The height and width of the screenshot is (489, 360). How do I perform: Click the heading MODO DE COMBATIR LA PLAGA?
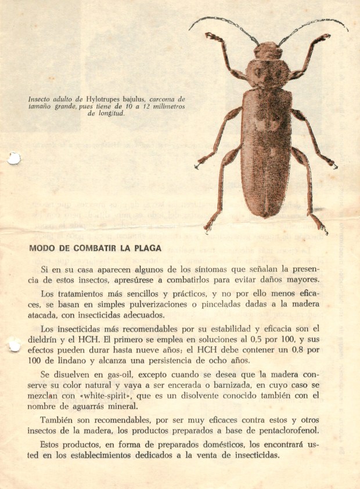coord(95,248)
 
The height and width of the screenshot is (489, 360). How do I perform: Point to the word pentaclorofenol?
coord(285,430)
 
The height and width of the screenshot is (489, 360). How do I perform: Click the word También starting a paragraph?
coord(60,420)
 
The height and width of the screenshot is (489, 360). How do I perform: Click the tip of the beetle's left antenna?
coord(190,29)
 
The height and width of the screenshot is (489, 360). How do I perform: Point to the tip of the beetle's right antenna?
coord(347,29)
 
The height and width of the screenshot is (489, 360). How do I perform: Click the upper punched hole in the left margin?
coord(13,157)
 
